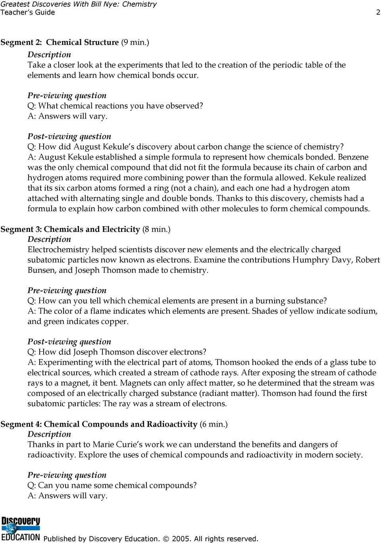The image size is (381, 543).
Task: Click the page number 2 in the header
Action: [378, 12]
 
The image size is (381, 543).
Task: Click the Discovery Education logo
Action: [21, 529]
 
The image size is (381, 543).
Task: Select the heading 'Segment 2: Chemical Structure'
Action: [60, 42]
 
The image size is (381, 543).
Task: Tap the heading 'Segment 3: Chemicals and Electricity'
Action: [70, 229]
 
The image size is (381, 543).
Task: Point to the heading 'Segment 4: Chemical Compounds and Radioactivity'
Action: [99, 424]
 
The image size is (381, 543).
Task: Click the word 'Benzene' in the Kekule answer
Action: [353, 157]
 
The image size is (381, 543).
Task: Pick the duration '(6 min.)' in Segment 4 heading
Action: [214, 424]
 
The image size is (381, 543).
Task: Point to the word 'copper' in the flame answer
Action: [115, 322]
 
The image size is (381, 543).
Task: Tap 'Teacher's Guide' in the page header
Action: [28, 12]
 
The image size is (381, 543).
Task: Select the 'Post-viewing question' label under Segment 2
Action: [69, 137]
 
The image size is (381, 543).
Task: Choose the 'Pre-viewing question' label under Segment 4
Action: [67, 475]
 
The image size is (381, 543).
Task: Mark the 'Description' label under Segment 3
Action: [49, 239]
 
